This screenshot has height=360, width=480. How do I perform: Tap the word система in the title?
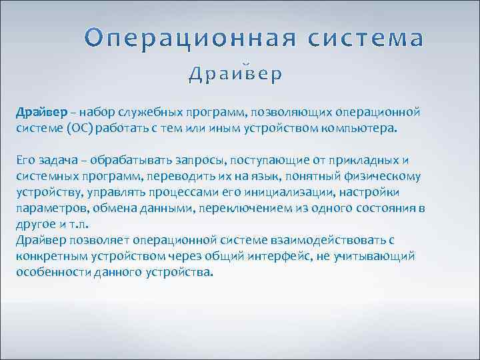(x=365, y=39)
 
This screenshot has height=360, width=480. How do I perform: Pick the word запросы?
(x=197, y=160)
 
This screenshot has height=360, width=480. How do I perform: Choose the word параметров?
(x=46, y=209)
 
